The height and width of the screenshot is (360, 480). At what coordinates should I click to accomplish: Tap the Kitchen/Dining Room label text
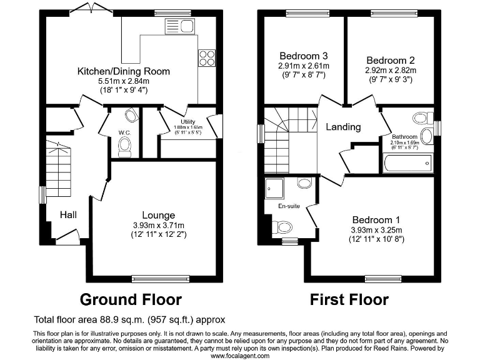123,71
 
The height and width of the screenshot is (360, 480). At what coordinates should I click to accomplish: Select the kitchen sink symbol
172,26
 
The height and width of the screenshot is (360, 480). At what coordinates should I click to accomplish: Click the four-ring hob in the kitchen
206,57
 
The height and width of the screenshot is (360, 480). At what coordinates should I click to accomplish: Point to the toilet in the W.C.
125,146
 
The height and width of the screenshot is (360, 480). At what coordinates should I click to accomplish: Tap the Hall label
68,215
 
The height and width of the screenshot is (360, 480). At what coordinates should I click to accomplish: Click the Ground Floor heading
131,299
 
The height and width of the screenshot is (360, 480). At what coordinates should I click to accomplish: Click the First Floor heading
349,299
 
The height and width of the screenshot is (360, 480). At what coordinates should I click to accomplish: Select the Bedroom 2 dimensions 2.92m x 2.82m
389,71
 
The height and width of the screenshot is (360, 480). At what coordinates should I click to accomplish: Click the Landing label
343,127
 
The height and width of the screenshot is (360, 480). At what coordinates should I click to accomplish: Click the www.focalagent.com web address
240,356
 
